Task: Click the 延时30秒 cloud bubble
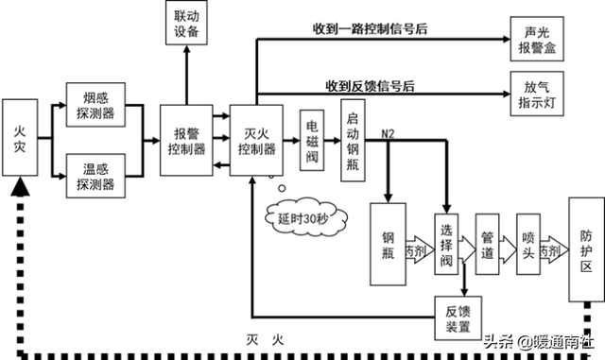coord(298,218)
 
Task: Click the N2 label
coord(389,133)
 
